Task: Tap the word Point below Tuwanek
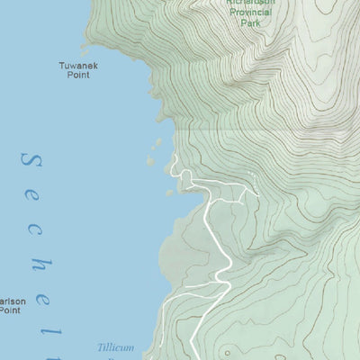tap(79, 76)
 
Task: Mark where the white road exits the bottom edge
tap(195, 357)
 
